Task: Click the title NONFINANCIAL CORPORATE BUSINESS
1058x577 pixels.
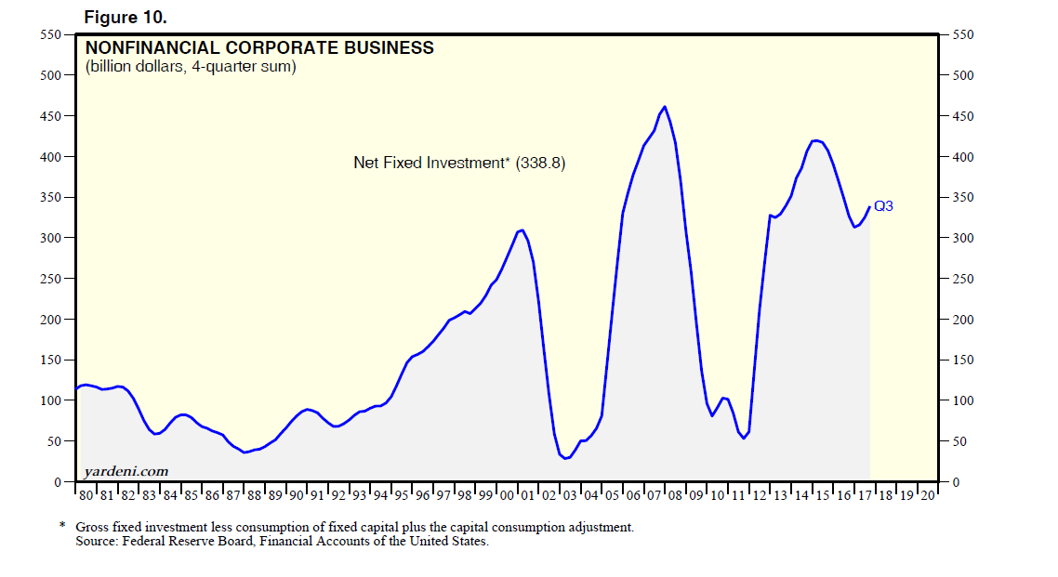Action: [x=259, y=47]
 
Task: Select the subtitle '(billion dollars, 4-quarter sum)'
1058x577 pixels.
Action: [x=191, y=67]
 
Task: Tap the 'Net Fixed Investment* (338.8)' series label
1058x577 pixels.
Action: [x=459, y=163]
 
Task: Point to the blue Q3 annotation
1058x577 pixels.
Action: [x=883, y=206]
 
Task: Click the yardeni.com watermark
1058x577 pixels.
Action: [x=126, y=471]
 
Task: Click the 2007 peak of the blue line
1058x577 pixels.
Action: [x=664, y=107]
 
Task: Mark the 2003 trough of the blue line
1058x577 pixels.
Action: [x=565, y=458]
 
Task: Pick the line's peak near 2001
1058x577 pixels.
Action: [x=522, y=229]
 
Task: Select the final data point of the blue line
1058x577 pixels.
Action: [x=869, y=207]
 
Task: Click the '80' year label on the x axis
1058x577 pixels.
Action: [x=85, y=496]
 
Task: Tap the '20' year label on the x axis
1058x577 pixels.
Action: [x=927, y=496]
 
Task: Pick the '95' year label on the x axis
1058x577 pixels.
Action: [x=401, y=496]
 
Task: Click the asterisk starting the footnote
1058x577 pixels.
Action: [x=62, y=526]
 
